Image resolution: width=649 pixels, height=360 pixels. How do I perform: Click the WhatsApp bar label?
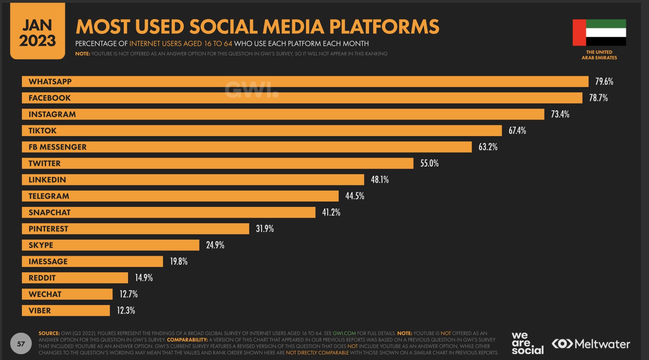50,82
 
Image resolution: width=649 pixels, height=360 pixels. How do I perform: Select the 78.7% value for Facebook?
598,98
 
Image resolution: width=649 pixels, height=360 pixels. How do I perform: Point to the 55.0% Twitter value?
429,163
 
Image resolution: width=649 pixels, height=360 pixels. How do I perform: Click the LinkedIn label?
47,180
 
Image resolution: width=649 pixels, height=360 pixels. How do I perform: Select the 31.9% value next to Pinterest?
265,229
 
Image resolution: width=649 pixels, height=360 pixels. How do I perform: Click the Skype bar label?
41,245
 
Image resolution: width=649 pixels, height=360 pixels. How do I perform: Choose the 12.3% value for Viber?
126,310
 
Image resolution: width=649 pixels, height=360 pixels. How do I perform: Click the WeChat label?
45,294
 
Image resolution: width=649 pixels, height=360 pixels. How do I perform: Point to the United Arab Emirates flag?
599,33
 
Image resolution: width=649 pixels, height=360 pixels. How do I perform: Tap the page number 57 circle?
21,343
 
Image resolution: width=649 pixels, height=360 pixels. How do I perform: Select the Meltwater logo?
591,343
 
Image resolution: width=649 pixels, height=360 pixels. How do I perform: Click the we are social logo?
527,343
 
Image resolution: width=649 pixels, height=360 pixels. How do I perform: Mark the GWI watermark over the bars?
251,90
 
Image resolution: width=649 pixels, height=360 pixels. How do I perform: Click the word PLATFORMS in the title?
384,27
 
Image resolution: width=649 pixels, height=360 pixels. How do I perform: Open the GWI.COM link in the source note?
344,333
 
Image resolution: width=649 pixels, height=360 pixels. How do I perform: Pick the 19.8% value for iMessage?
179,262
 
